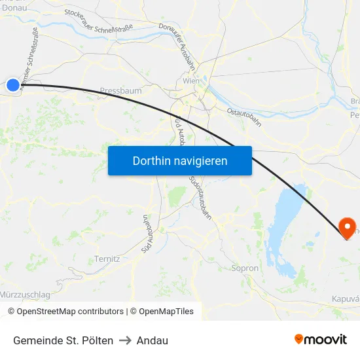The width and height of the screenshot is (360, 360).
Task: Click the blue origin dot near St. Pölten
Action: pyautogui.click(x=13, y=84)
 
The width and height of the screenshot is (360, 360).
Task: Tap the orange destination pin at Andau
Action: pyautogui.click(x=347, y=226)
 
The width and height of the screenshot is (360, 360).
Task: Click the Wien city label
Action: pyautogui.click(x=191, y=81)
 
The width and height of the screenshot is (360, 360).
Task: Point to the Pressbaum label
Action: pyautogui.click(x=120, y=91)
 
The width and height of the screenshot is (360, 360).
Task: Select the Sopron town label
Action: pyautogui.click(x=245, y=268)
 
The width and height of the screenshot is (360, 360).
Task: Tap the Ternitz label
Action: pyautogui.click(x=107, y=259)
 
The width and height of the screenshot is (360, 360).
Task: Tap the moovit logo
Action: pyautogui.click(x=320, y=339)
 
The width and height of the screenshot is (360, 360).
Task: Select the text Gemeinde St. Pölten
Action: pyautogui.click(x=63, y=340)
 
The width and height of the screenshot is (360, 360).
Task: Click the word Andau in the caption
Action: pyautogui.click(x=153, y=340)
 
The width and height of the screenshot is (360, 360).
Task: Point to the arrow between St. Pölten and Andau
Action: pyautogui.click(x=125, y=340)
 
